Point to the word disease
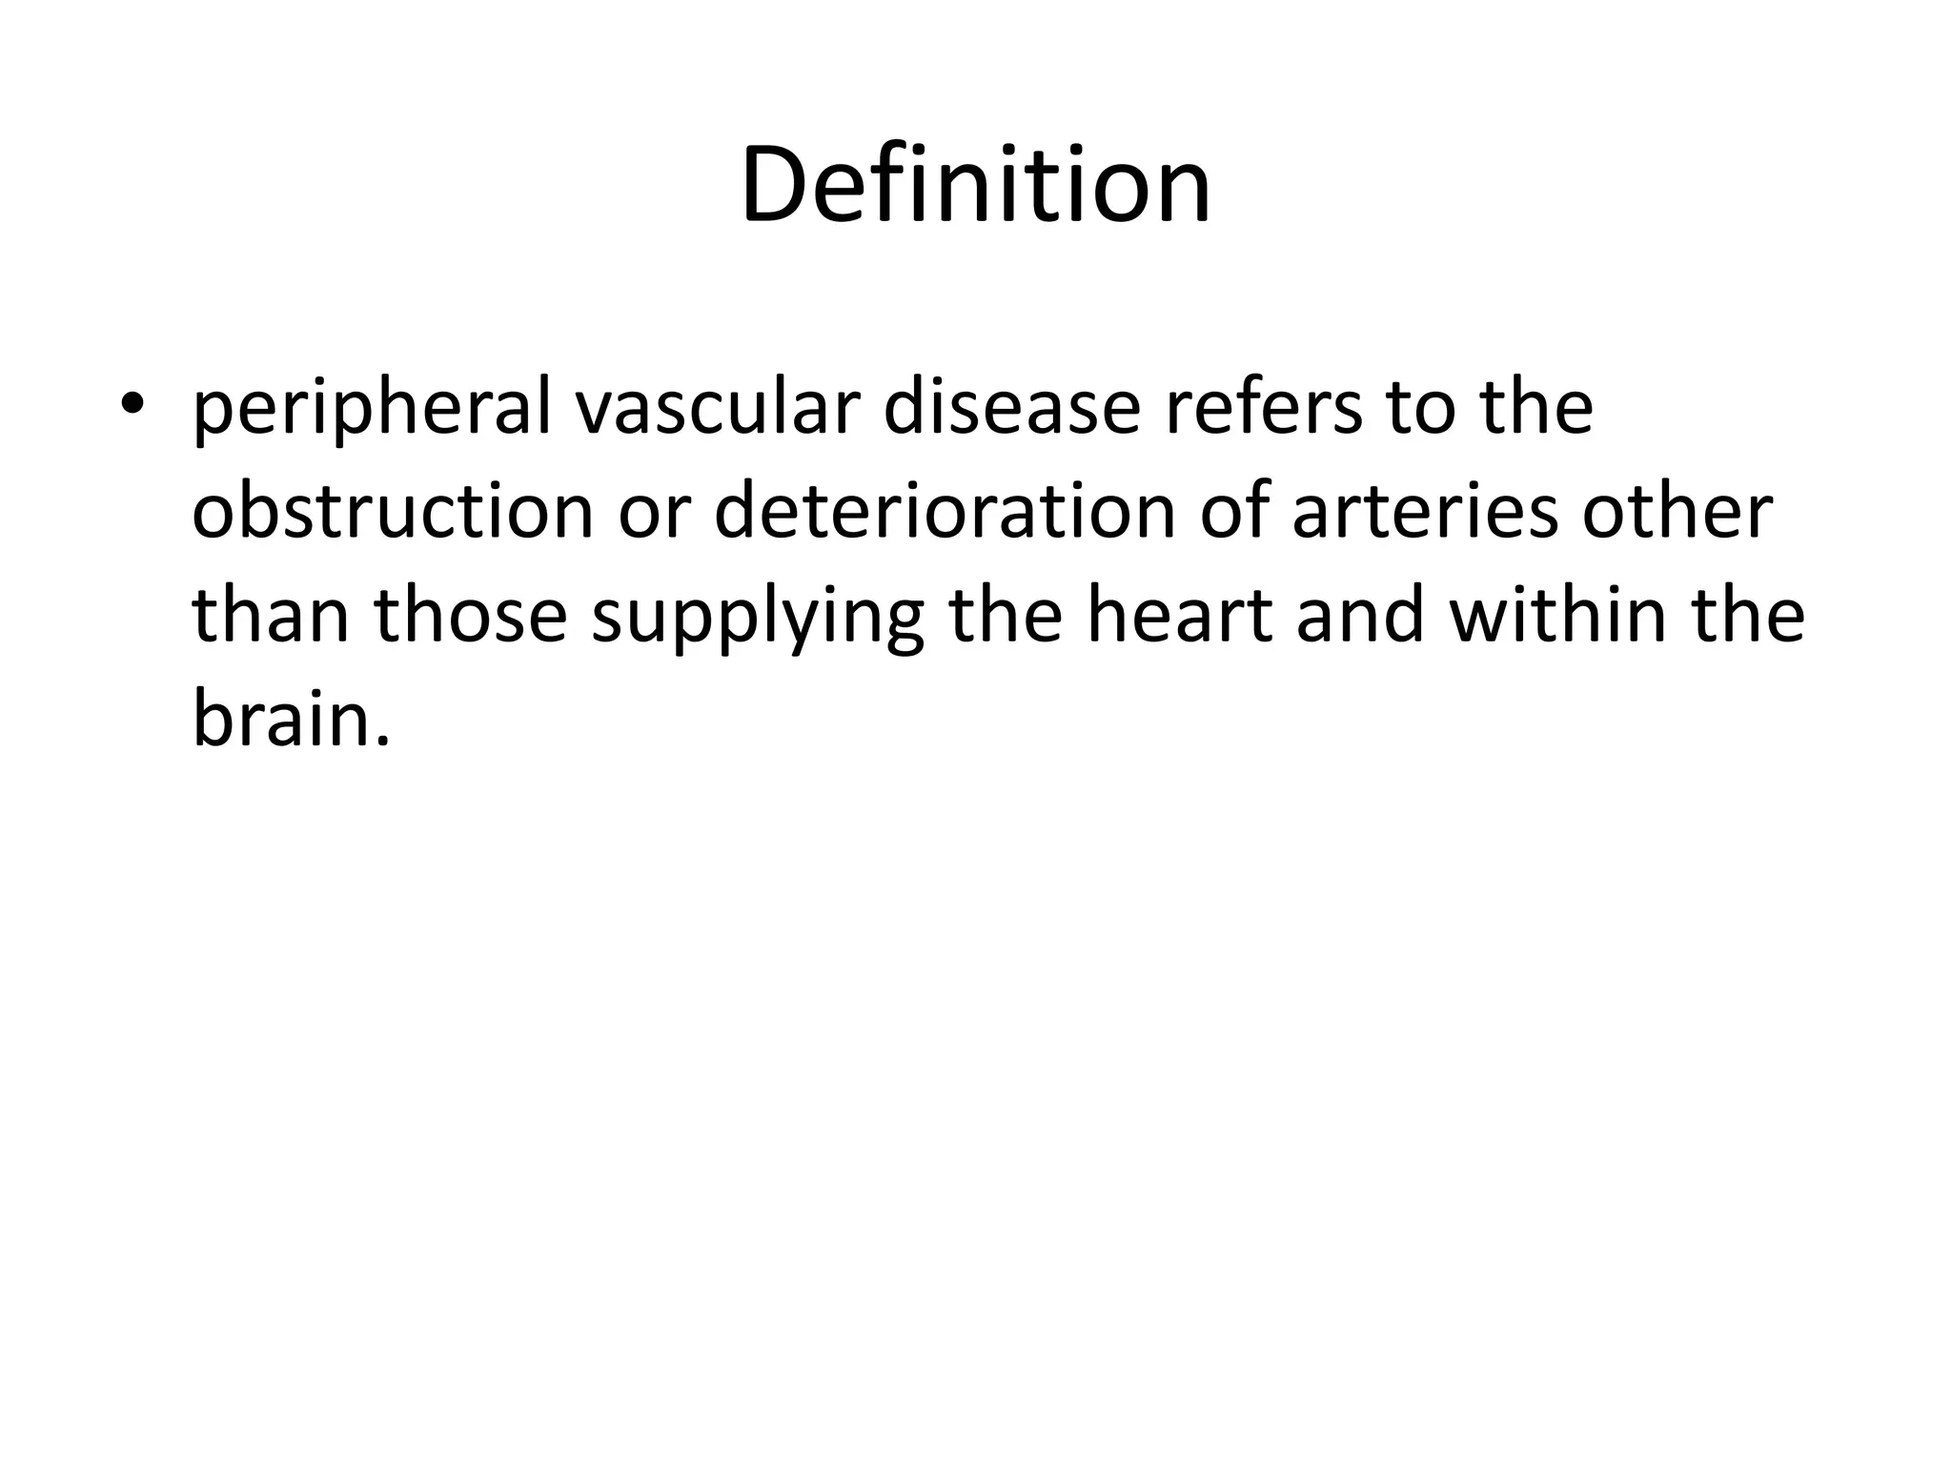point(1012,408)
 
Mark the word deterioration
point(944,511)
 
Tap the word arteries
point(1425,511)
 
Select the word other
point(1677,511)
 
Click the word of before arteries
point(1233,511)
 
